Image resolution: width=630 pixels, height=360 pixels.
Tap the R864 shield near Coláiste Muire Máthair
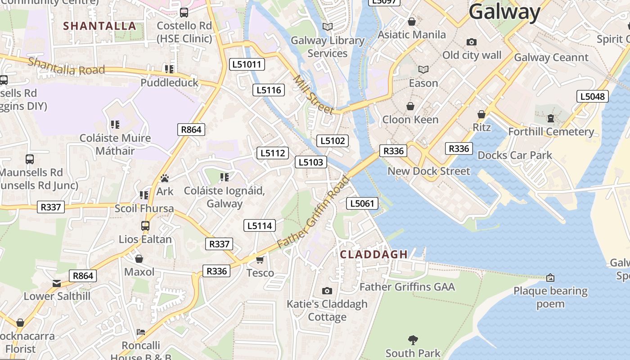pyautogui.click(x=191, y=130)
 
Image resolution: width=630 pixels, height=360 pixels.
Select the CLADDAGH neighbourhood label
pyautogui.click(x=373, y=254)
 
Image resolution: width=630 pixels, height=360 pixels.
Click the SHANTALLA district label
pyautogui.click(x=99, y=26)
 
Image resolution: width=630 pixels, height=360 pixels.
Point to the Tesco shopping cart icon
pyautogui.click(x=260, y=260)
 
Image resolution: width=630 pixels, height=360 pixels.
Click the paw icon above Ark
pyautogui.click(x=164, y=178)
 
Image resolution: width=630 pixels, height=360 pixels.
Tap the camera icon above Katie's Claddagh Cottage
pyautogui.click(x=327, y=291)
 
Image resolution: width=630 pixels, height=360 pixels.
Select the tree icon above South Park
pyautogui.click(x=413, y=340)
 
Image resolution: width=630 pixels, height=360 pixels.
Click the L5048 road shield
pyautogui.click(x=593, y=96)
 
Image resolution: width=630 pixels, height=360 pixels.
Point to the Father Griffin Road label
pyautogui.click(x=313, y=212)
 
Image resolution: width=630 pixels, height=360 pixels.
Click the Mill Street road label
pyautogui.click(x=313, y=94)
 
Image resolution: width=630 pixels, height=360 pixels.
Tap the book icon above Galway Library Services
pyautogui.click(x=328, y=27)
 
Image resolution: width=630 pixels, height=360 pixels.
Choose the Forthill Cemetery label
pyautogui.click(x=551, y=131)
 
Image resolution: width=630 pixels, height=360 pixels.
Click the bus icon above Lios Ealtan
pyautogui.click(x=145, y=226)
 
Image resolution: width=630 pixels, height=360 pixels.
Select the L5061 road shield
pyautogui.click(x=362, y=203)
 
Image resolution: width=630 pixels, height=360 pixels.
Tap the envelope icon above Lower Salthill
pyautogui.click(x=57, y=283)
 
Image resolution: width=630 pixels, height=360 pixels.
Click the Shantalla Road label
pyautogui.click(x=66, y=66)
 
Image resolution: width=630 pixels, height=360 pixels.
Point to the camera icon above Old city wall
pyautogui.click(x=471, y=42)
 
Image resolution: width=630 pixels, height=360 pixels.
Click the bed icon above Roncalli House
pyautogui.click(x=141, y=332)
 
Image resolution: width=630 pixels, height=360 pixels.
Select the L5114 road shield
pyautogui.click(x=260, y=225)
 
